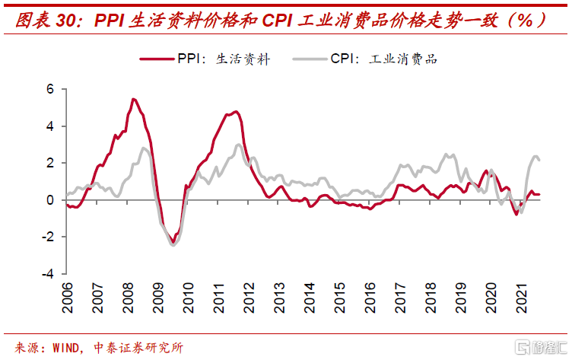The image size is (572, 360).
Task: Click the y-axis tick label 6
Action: [x=50, y=89]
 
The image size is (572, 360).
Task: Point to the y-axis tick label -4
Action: [x=48, y=274]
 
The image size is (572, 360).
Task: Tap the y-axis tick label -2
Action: [x=48, y=237]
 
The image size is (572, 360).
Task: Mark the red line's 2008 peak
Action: [x=133, y=99]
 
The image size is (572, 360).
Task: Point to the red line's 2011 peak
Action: [x=236, y=112]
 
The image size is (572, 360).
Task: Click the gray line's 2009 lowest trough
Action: [x=173, y=244]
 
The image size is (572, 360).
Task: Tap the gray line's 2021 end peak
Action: [x=536, y=157]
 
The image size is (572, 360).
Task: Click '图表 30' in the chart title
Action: [x=45, y=21]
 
